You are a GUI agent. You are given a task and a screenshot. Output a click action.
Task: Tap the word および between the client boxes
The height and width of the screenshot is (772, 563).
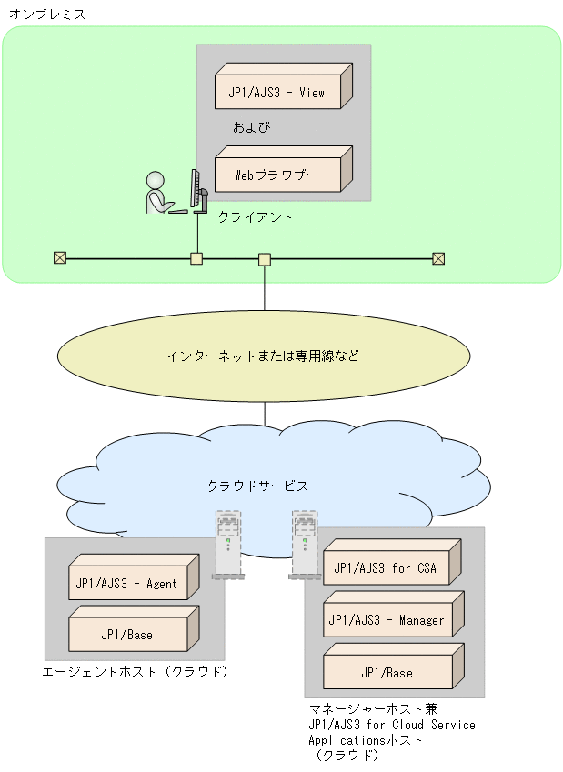[252, 127]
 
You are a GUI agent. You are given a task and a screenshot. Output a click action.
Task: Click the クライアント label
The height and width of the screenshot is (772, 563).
[256, 217]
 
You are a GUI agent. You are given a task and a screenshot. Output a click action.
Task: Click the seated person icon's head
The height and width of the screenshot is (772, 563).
[156, 179]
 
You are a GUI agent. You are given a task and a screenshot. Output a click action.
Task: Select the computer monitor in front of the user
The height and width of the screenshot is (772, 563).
[195, 189]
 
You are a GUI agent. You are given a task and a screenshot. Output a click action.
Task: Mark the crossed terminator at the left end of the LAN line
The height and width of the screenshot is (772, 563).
[60, 258]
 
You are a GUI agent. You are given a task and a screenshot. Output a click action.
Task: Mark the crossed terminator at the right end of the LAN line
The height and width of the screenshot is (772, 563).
[438, 258]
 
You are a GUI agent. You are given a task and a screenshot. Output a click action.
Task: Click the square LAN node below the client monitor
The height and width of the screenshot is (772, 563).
[196, 258]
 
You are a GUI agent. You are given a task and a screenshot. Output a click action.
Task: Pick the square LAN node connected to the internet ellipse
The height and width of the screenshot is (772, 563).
[265, 259]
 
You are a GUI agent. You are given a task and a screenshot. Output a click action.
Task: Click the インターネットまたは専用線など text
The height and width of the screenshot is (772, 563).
[263, 356]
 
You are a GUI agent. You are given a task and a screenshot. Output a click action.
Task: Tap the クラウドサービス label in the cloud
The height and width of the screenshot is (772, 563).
[257, 486]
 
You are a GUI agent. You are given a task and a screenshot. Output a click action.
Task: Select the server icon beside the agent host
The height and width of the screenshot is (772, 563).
[227, 545]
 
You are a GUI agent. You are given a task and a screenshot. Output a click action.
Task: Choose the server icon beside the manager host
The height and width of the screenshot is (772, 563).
[304, 545]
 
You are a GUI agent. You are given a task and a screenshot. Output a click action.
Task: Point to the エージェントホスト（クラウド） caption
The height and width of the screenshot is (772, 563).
[135, 672]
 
